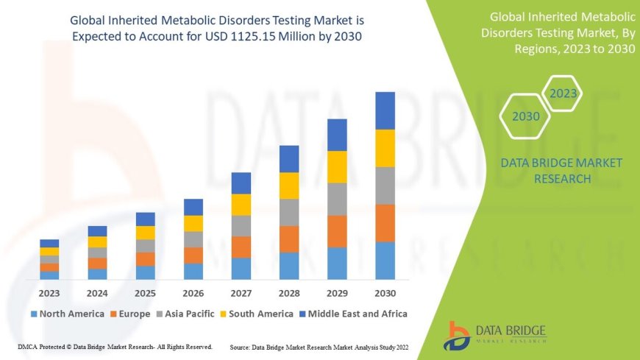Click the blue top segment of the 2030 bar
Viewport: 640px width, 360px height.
(x=385, y=110)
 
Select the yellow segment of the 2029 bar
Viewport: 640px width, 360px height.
(x=337, y=166)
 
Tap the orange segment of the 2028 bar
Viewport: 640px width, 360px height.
(x=289, y=239)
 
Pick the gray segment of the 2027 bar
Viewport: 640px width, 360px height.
(x=241, y=225)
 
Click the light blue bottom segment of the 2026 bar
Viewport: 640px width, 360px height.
(x=193, y=271)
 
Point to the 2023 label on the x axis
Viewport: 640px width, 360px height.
(x=49, y=292)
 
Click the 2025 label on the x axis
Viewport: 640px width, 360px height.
(x=145, y=292)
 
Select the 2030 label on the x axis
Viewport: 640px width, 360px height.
(x=385, y=292)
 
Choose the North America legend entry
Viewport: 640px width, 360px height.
(x=67, y=314)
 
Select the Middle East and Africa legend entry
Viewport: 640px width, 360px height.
(x=352, y=314)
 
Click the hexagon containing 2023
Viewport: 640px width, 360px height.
(x=563, y=93)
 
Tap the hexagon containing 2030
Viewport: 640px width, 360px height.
(x=526, y=116)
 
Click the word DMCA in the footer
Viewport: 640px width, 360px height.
(x=28, y=346)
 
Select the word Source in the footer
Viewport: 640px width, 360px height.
(x=242, y=346)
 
